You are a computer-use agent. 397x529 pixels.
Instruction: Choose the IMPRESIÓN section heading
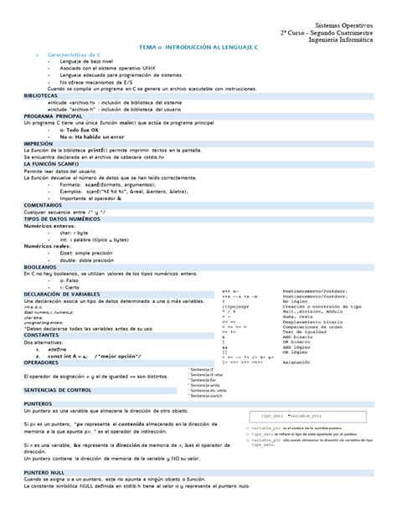39,142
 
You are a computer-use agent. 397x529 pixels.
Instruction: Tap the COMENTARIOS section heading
43,204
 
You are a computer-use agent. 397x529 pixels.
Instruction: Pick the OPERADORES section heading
42,362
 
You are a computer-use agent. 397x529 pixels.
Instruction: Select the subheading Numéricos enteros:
54,226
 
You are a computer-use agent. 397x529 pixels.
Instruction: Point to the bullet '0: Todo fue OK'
84,130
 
